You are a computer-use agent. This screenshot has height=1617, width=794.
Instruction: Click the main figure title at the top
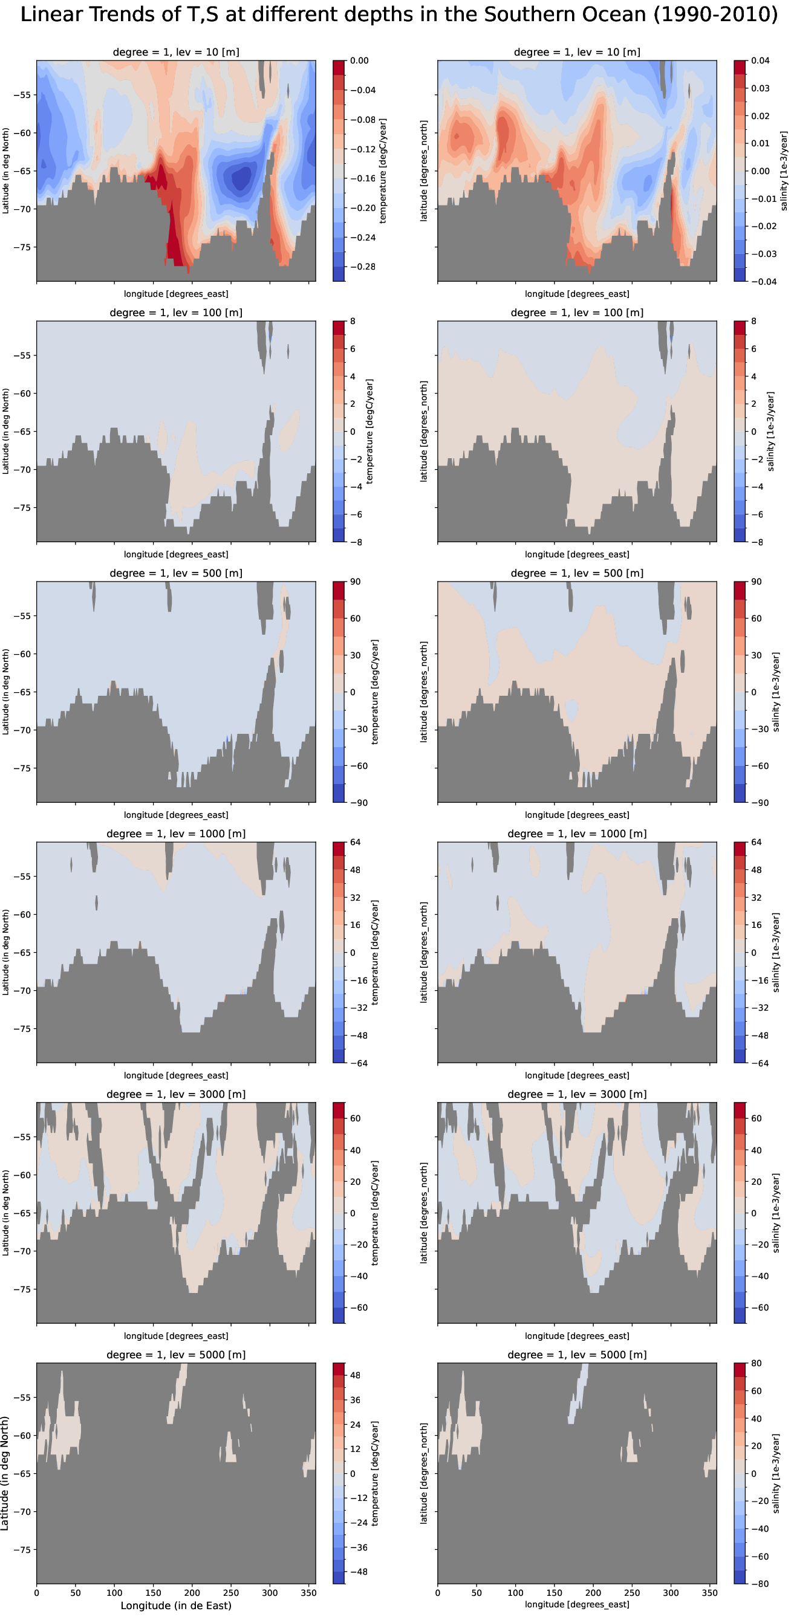coord(399,14)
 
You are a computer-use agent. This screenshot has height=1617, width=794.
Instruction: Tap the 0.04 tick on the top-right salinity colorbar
coord(760,61)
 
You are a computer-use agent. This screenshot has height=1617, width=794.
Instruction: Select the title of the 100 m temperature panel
coord(176,313)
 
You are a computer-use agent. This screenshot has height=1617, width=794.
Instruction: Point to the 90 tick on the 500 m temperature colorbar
coord(356,582)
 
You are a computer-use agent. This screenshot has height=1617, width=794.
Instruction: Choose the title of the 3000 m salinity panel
coord(577,1094)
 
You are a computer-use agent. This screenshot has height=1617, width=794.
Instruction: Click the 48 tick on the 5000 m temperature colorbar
coord(356,1375)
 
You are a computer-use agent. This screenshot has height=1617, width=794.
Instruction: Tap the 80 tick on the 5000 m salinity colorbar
coord(757,1363)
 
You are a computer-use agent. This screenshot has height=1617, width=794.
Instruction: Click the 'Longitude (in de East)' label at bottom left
coord(176,1606)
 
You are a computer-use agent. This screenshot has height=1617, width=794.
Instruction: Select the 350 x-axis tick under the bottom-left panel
coord(308,1593)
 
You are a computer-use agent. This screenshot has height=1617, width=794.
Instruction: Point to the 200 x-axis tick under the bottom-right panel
coord(593,1593)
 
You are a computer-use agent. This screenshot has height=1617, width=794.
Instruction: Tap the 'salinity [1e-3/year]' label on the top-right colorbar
coord(783,170)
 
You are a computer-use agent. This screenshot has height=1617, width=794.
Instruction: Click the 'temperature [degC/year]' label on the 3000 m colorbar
coord(375,1213)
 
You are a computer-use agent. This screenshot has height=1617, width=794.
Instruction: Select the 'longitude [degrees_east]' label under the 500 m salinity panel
coord(577,815)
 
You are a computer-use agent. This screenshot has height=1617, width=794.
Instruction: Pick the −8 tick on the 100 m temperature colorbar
coord(352,542)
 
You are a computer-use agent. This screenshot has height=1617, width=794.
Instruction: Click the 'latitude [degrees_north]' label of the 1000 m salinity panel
coord(424,952)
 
